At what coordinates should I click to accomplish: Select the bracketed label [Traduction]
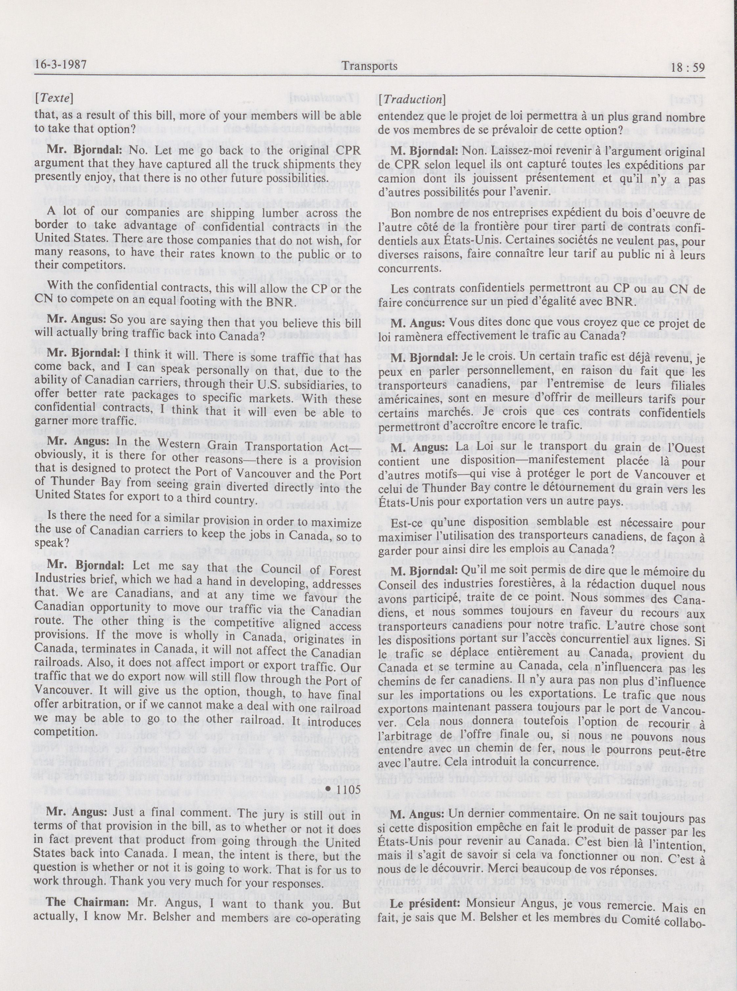(x=411, y=100)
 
